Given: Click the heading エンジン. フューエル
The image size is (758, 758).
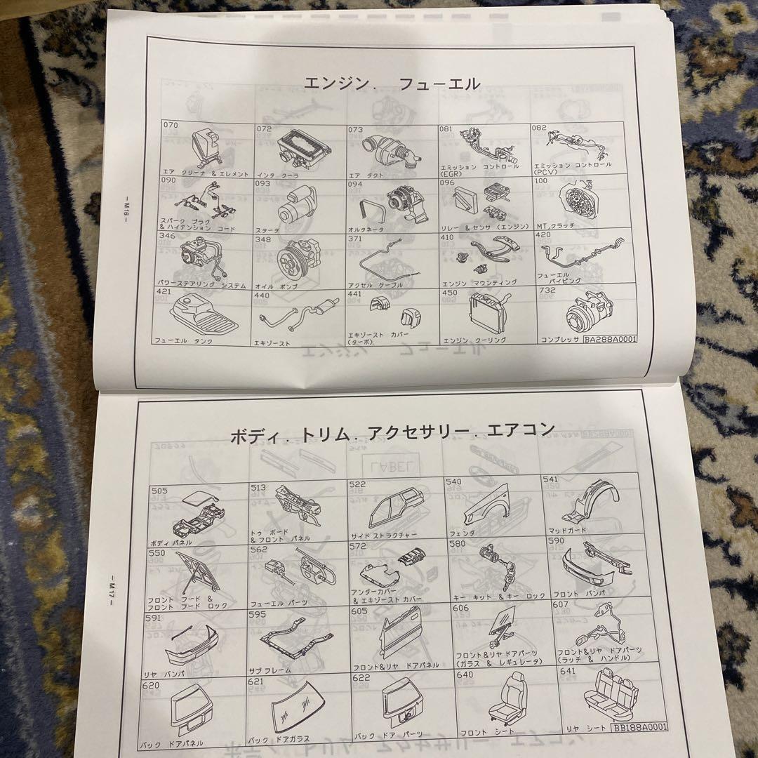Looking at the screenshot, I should coord(392,84).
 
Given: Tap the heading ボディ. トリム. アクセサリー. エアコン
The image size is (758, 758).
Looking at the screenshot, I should coord(392,430).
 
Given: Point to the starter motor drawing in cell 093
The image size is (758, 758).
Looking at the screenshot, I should coord(293,204).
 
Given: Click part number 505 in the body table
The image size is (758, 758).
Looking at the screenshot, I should coord(159,491).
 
